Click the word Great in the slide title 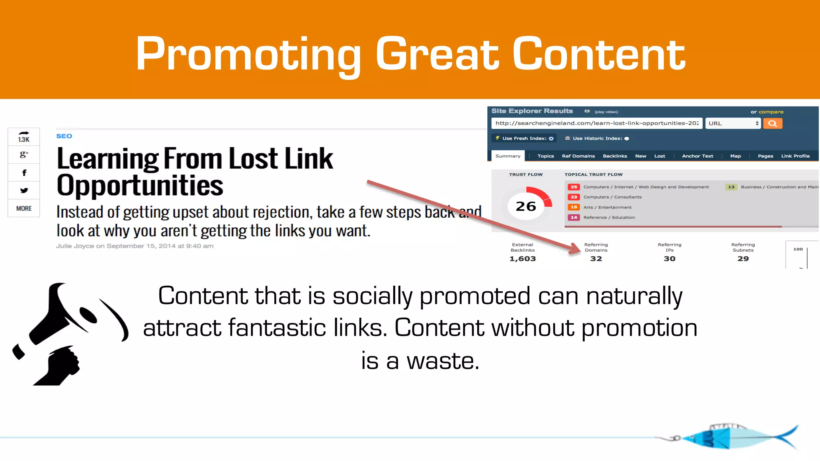tap(437, 54)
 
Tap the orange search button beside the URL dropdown tap(772, 123)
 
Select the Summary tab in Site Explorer tap(508, 156)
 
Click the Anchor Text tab tap(697, 156)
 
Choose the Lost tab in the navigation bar tap(659, 156)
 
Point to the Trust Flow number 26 tap(526, 206)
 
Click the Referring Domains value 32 tap(596, 259)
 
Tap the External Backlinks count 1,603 tap(523, 259)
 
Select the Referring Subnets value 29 tap(743, 259)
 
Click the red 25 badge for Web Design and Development tap(574, 187)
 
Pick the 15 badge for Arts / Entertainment tap(574, 207)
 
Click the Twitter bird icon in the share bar tap(24, 190)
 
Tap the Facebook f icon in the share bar tap(24, 173)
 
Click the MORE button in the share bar tap(24, 208)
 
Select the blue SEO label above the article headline tap(64, 136)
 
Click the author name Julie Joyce tap(75, 246)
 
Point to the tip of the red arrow tap(579, 251)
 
